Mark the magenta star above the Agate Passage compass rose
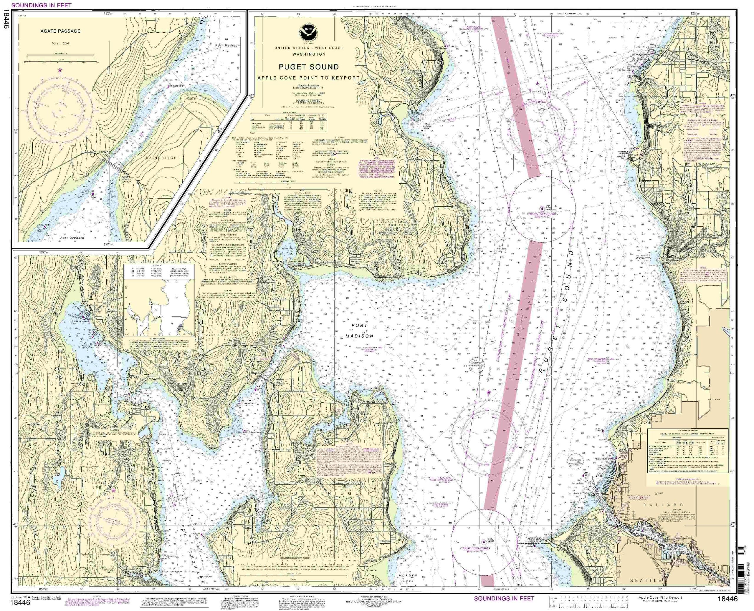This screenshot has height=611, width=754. coord(60,70)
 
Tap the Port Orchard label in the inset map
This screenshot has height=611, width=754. coord(72,238)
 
